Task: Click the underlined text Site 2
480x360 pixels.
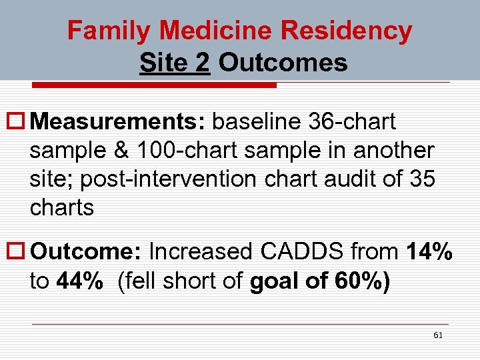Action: (175, 63)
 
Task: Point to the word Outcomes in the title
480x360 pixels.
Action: (283, 63)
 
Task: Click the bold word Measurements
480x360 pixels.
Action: (120, 122)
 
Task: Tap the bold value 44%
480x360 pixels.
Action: (80, 281)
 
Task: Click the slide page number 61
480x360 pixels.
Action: (437, 335)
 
